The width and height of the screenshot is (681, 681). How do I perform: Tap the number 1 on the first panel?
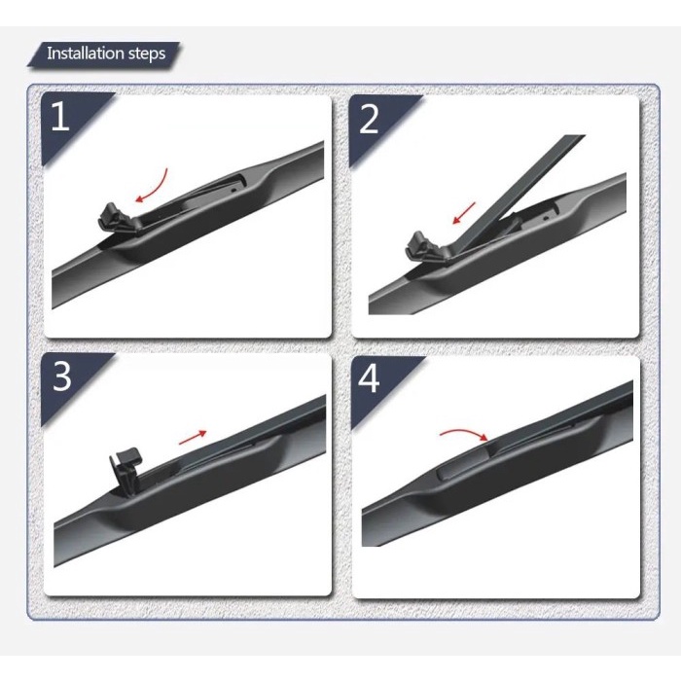(60, 118)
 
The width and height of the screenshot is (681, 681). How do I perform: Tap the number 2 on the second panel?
(369, 119)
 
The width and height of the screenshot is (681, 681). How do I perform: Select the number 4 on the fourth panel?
(369, 377)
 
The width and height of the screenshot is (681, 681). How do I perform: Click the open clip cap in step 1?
(114, 215)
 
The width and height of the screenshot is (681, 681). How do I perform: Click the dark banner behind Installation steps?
(107, 54)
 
